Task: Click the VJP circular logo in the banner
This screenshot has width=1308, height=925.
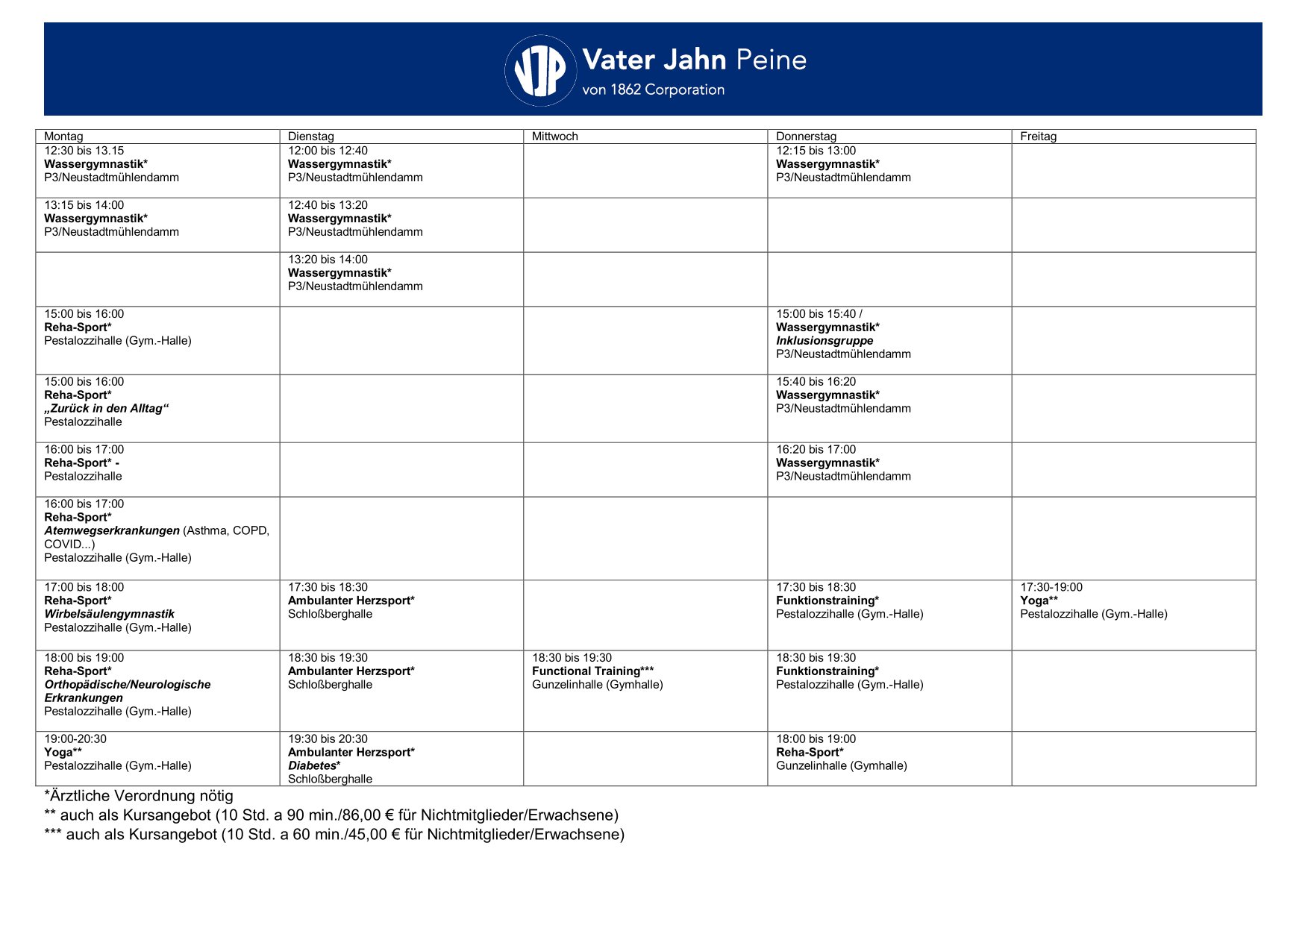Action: click(x=540, y=70)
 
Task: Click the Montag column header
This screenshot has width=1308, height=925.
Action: click(x=63, y=137)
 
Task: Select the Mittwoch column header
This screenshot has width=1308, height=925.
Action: click(x=554, y=137)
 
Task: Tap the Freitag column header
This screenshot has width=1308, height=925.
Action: click(x=1038, y=137)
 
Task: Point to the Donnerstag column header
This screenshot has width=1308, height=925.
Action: click(x=806, y=137)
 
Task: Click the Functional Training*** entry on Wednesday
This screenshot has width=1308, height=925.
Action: click(x=592, y=671)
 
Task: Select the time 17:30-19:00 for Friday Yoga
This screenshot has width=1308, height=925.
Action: click(x=1051, y=588)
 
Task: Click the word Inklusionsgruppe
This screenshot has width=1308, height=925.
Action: click(x=824, y=341)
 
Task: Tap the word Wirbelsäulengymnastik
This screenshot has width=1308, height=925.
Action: click(x=109, y=615)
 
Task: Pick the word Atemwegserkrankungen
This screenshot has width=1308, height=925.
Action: click(x=112, y=531)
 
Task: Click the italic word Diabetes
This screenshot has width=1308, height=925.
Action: click(x=312, y=766)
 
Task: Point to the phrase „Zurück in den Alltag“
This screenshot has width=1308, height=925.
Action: click(x=106, y=409)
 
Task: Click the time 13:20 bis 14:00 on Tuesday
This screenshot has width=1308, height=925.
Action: click(x=328, y=260)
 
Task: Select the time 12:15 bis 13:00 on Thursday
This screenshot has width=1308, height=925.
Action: click(x=816, y=151)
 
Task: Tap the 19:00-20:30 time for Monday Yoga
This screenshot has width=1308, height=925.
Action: click(x=75, y=739)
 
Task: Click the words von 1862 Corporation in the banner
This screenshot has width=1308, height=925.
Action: click(x=653, y=90)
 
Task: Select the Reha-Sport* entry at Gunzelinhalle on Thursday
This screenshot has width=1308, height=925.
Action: click(x=809, y=753)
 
